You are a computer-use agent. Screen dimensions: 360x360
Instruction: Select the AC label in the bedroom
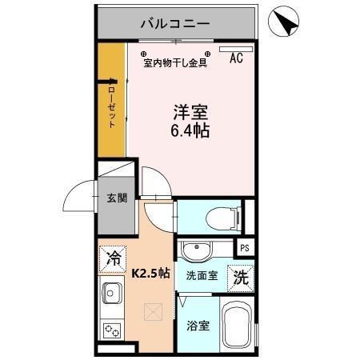pyautogui.click(x=237, y=58)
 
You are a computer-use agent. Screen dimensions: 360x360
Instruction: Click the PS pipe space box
pyautogui.click(x=245, y=248)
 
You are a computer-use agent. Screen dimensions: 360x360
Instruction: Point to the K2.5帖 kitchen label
pyautogui.click(x=150, y=273)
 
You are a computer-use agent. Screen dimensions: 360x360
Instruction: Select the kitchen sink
pyautogui.click(x=111, y=296)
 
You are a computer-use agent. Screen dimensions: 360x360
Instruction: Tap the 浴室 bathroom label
pyautogui.click(x=198, y=326)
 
